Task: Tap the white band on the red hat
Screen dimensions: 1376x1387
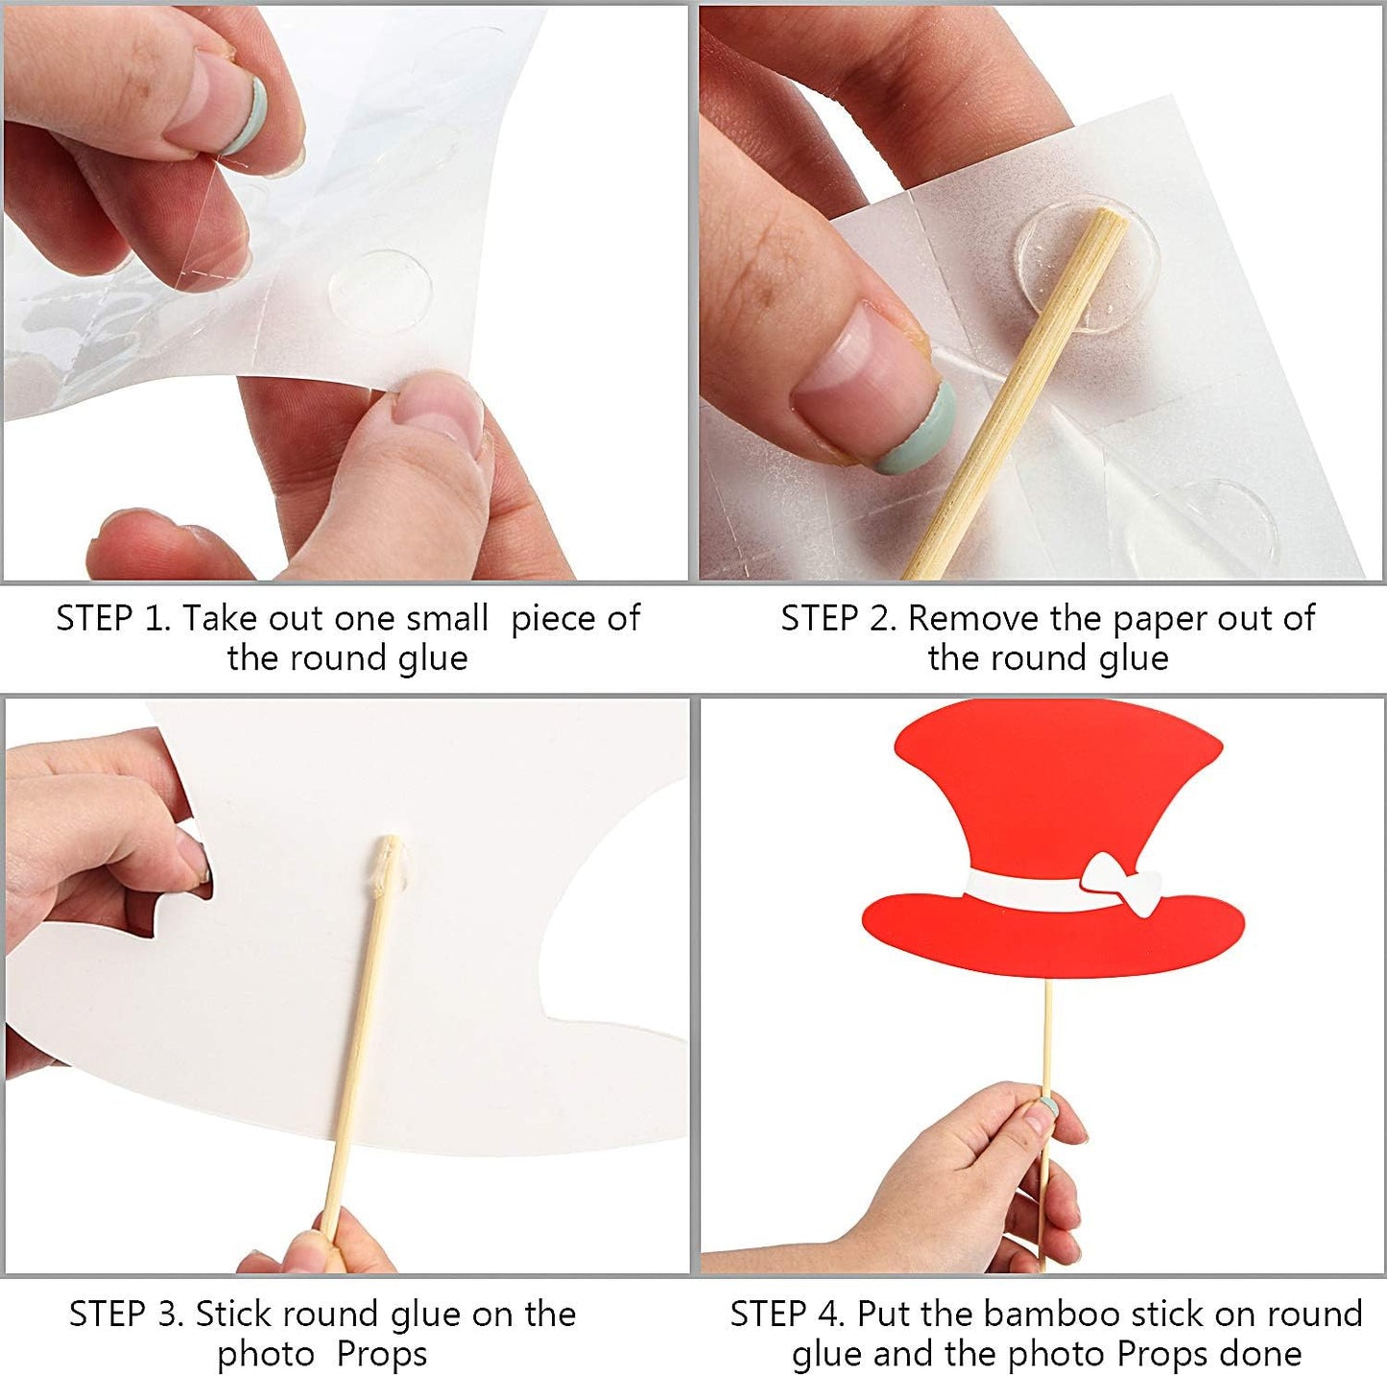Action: coord(1027,891)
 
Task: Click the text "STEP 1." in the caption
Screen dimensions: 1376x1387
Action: coord(113,619)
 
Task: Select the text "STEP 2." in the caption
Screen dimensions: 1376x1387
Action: coord(838,619)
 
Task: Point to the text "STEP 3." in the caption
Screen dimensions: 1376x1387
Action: coord(126,1314)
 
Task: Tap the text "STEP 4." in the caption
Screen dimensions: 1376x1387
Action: coord(787,1314)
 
